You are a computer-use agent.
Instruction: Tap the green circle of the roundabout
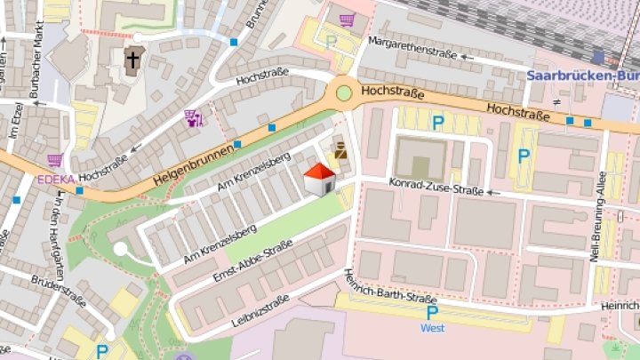tap(344, 92)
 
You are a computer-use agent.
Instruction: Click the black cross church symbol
tap(132, 60)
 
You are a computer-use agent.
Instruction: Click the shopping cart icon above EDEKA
tap(55, 161)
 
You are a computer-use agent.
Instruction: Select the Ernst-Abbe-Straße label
tap(252, 263)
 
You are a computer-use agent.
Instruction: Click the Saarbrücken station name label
tap(582, 76)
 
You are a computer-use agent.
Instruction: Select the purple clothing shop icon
tap(193, 116)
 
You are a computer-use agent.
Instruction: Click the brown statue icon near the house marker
tap(339, 148)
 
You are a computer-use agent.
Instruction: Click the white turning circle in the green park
tap(120, 250)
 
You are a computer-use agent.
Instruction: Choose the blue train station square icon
tap(598, 58)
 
